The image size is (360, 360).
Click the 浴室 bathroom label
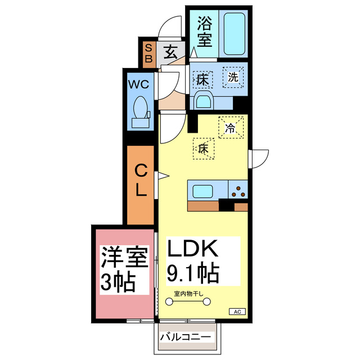pos(204,33)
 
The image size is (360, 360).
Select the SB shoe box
pos(148,53)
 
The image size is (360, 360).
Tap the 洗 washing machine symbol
pos(232,78)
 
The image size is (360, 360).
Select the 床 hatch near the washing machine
pos(202,79)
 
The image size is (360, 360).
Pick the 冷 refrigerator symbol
pos(231,127)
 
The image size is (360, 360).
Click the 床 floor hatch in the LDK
pos(204,148)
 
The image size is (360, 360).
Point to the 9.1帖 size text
pos(193,274)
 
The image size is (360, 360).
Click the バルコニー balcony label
pos(185,337)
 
